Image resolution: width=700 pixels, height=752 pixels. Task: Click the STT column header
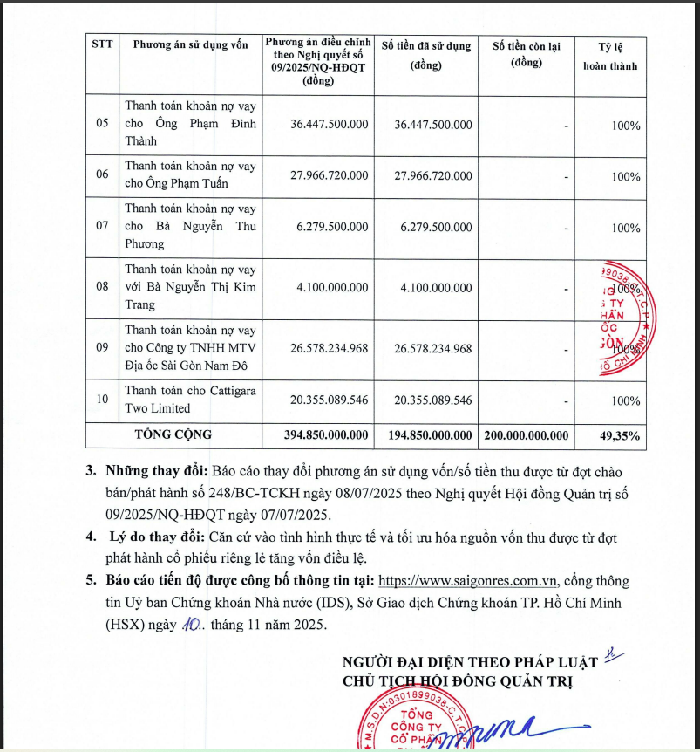101,44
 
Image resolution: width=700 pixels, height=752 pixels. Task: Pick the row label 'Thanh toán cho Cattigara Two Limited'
190,400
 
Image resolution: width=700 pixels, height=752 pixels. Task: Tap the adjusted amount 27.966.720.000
329,175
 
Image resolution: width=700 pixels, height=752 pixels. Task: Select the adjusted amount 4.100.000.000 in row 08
329,287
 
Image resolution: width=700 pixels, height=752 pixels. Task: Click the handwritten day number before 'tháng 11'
191,626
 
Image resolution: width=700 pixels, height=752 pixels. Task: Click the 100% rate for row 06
625,176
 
